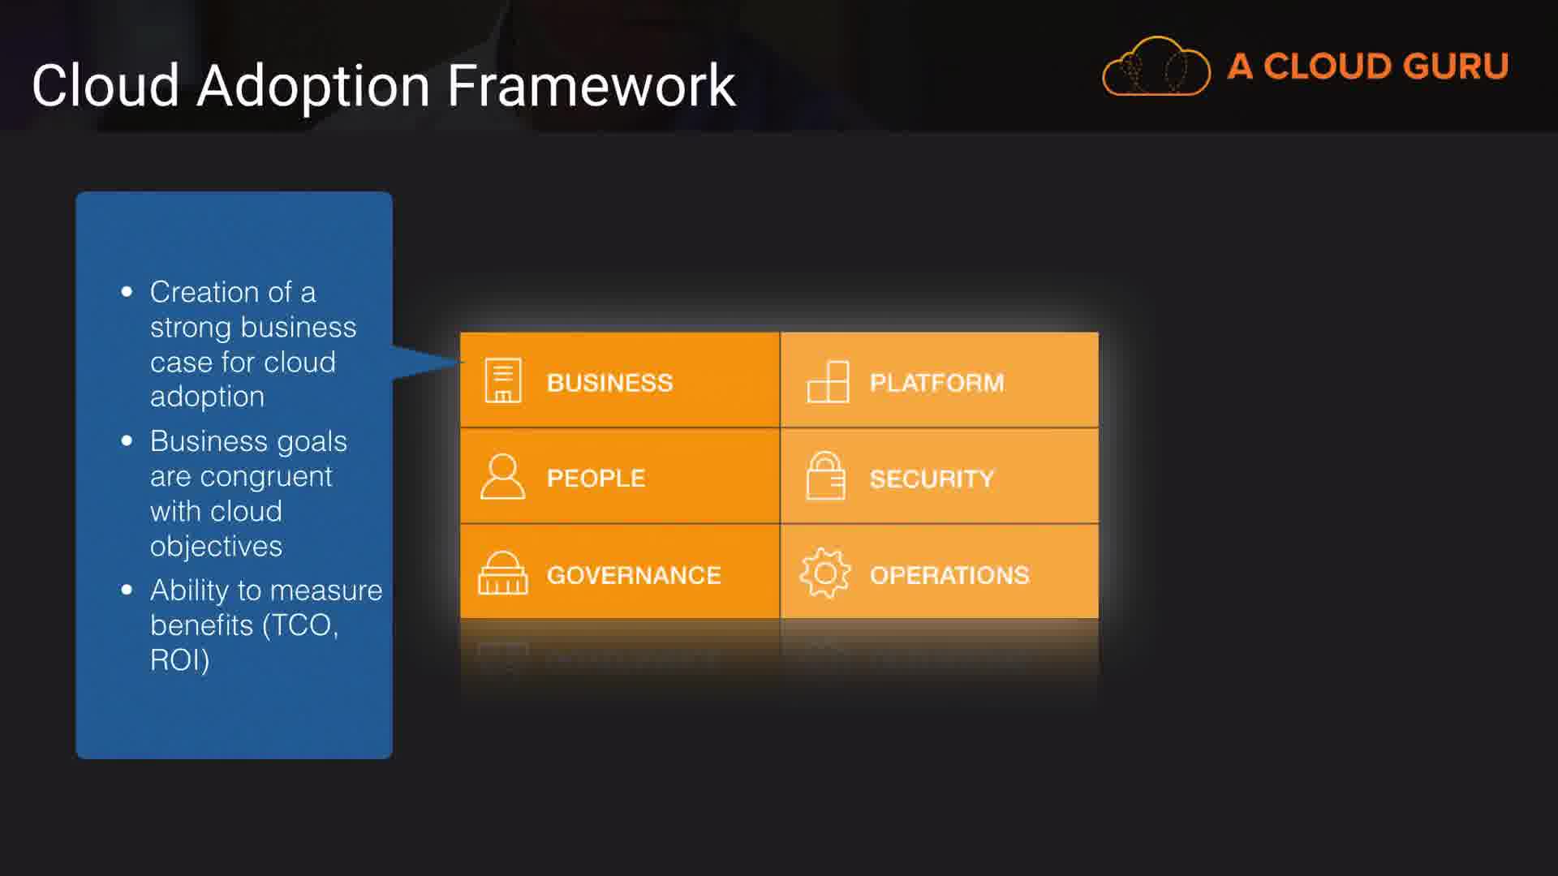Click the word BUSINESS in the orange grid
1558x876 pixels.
coord(609,382)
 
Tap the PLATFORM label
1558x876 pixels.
coord(936,382)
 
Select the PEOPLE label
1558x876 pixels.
coord(596,478)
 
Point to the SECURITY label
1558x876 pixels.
coord(932,479)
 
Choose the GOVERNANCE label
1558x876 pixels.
coord(634,575)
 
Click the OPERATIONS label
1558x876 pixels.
coord(949,575)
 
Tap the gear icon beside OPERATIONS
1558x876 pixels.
coord(825,573)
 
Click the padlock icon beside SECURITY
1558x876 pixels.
coord(825,475)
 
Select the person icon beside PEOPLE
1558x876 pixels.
coord(502,476)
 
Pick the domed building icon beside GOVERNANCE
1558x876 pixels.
coord(502,573)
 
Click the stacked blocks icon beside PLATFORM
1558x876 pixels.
coord(828,381)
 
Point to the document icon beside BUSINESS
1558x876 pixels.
coord(503,380)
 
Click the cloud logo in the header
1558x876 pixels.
coord(1156,67)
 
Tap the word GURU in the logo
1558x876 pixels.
coord(1457,67)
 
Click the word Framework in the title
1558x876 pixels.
coord(592,85)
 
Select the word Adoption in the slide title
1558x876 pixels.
coord(313,87)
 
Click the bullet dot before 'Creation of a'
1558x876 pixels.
coord(127,292)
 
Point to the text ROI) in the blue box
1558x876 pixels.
coord(180,660)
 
